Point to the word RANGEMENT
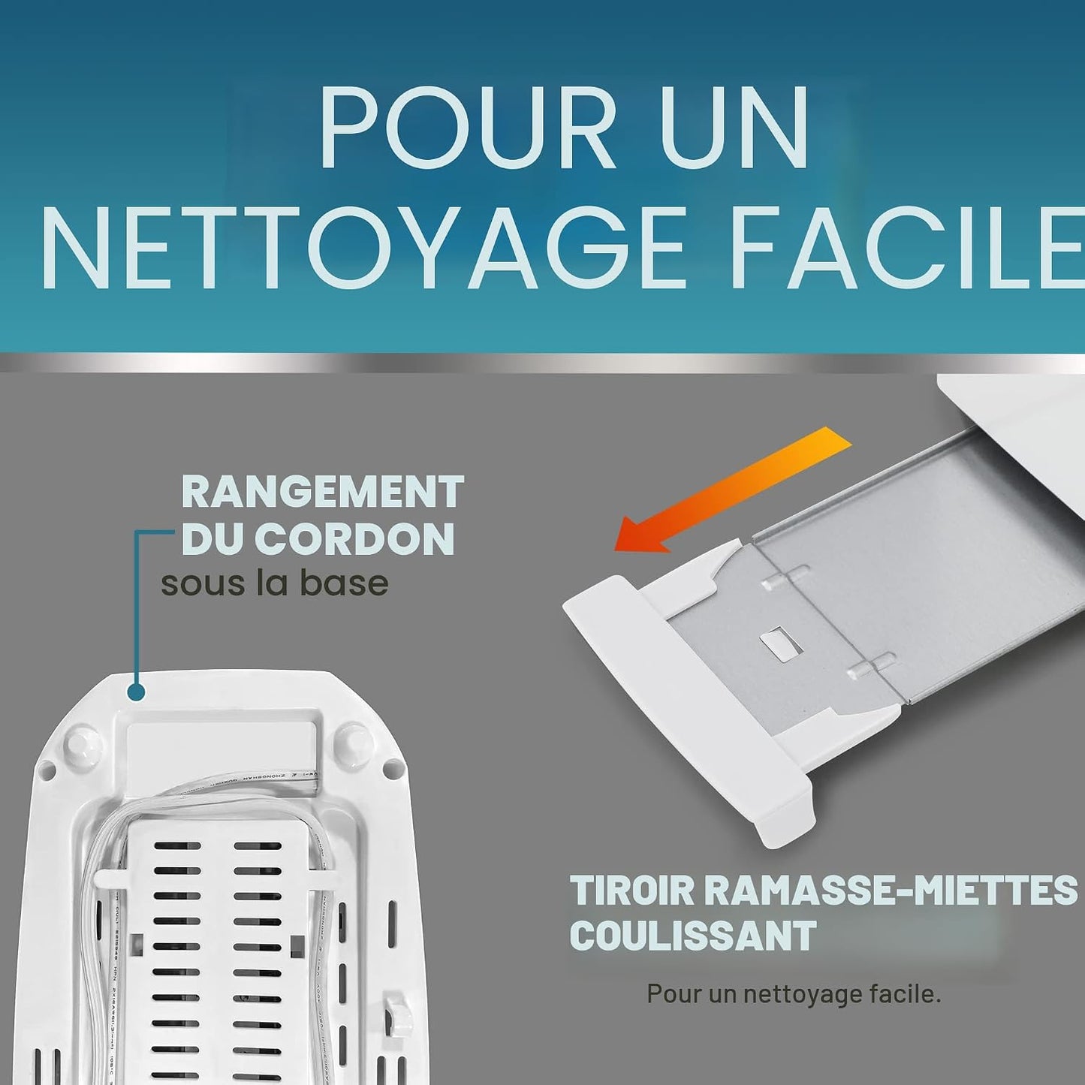click(x=323, y=492)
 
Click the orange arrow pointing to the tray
click(x=733, y=490)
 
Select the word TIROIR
click(x=631, y=891)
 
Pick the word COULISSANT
click(x=693, y=936)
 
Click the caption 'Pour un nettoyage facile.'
click(x=794, y=994)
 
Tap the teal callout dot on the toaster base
click(x=136, y=692)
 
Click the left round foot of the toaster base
click(x=83, y=743)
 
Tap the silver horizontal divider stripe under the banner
click(x=542, y=363)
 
